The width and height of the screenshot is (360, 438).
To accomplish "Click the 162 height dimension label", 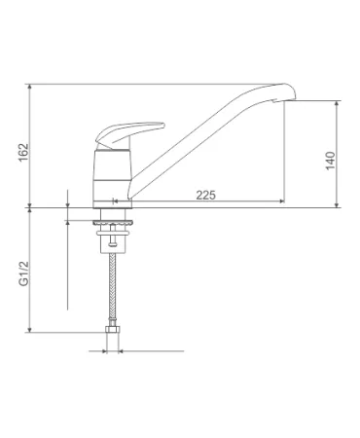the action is point(23,153).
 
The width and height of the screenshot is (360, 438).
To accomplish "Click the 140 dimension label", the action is point(330,161).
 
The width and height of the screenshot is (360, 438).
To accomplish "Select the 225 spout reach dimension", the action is point(205,195).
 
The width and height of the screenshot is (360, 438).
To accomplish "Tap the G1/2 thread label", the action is point(23,274).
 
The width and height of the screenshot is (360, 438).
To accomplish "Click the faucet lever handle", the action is point(129,133).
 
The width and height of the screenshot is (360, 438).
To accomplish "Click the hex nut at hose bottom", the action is point(112,329).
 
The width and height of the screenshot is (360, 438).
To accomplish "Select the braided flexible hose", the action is point(112,289).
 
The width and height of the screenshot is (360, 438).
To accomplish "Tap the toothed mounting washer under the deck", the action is point(113,223).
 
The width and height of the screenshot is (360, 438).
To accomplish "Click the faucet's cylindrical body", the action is point(113,175).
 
